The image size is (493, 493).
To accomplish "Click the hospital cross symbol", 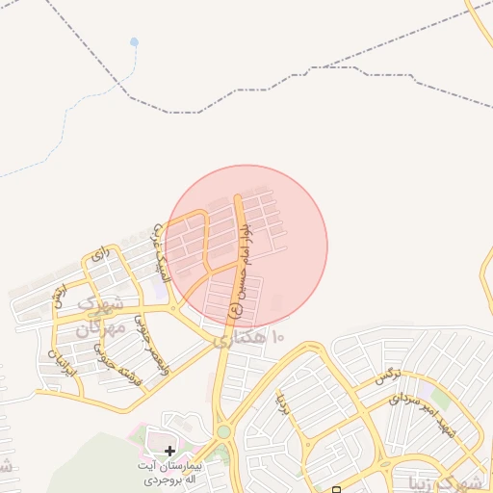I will coord(170,450).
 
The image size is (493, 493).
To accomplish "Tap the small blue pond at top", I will coord(134,42).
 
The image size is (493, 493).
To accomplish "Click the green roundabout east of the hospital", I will coord(223,432).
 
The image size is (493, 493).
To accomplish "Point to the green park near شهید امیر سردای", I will coord(440,398).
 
